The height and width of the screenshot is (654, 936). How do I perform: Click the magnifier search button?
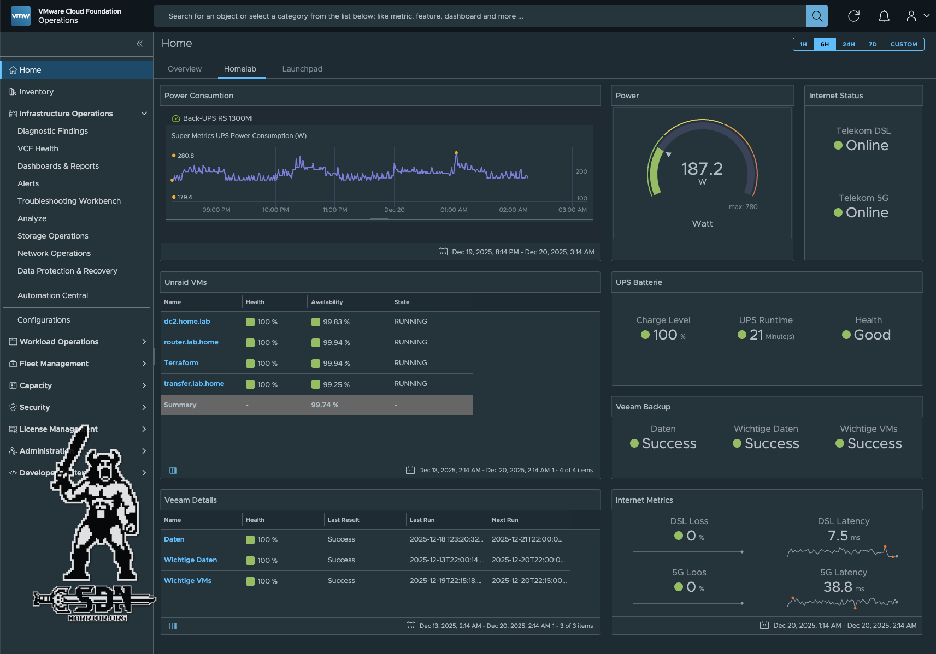816,16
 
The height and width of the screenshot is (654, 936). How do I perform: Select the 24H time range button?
848,44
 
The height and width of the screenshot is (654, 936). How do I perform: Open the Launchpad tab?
302,69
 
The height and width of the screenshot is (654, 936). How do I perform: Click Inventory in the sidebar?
36,92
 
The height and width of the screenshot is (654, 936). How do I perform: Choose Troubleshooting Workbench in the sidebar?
69,201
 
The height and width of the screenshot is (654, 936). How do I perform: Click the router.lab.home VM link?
191,342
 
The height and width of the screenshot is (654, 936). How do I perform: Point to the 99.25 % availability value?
335,384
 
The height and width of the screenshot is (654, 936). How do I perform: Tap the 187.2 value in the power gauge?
702,169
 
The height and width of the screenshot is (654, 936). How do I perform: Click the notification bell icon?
884,16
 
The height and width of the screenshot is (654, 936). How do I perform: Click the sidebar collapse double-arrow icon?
139,44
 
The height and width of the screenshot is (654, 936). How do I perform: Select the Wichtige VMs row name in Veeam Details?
187,581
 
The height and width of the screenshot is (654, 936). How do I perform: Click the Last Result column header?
343,520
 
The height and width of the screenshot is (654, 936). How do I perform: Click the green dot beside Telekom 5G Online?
838,212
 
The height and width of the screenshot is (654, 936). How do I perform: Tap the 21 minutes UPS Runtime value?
756,335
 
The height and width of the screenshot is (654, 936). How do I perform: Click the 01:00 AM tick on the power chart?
454,210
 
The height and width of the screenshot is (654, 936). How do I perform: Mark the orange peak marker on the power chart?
456,153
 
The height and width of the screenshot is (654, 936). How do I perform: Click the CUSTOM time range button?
903,44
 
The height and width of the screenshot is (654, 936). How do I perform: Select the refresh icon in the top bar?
853,16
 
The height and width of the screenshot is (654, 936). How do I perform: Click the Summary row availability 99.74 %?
325,405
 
